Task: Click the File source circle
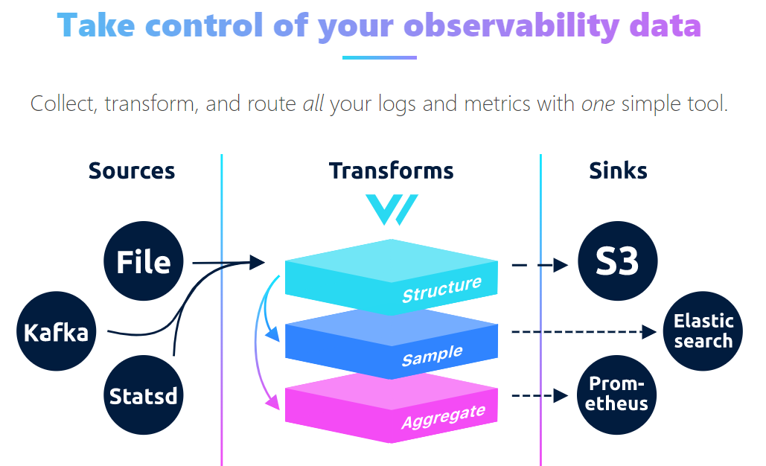tap(144, 262)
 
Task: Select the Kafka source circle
tap(56, 332)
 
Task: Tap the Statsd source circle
tap(144, 395)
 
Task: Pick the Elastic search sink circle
tap(703, 332)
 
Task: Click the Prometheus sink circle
tap(618, 395)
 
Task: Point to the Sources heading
tap(132, 170)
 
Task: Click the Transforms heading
tap(392, 170)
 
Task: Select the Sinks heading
tap(618, 170)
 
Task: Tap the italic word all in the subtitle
tap(313, 103)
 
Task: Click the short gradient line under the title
tap(379, 57)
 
